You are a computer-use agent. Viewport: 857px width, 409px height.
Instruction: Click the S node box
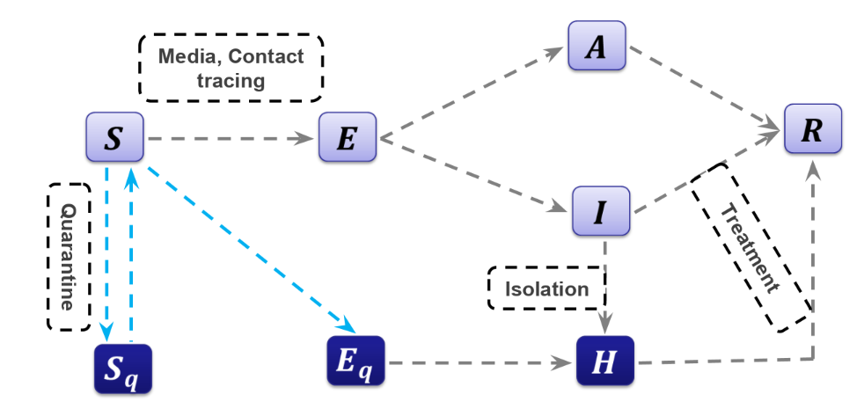(114, 138)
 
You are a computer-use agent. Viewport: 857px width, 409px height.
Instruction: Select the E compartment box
(347, 138)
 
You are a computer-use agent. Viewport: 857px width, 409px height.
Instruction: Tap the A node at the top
(597, 47)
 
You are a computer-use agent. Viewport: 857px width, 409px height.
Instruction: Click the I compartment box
(601, 212)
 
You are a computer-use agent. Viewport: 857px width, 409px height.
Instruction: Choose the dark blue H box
(604, 360)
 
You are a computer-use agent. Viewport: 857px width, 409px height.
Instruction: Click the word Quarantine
(68, 256)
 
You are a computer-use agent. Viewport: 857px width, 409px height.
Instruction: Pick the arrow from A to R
(704, 91)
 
